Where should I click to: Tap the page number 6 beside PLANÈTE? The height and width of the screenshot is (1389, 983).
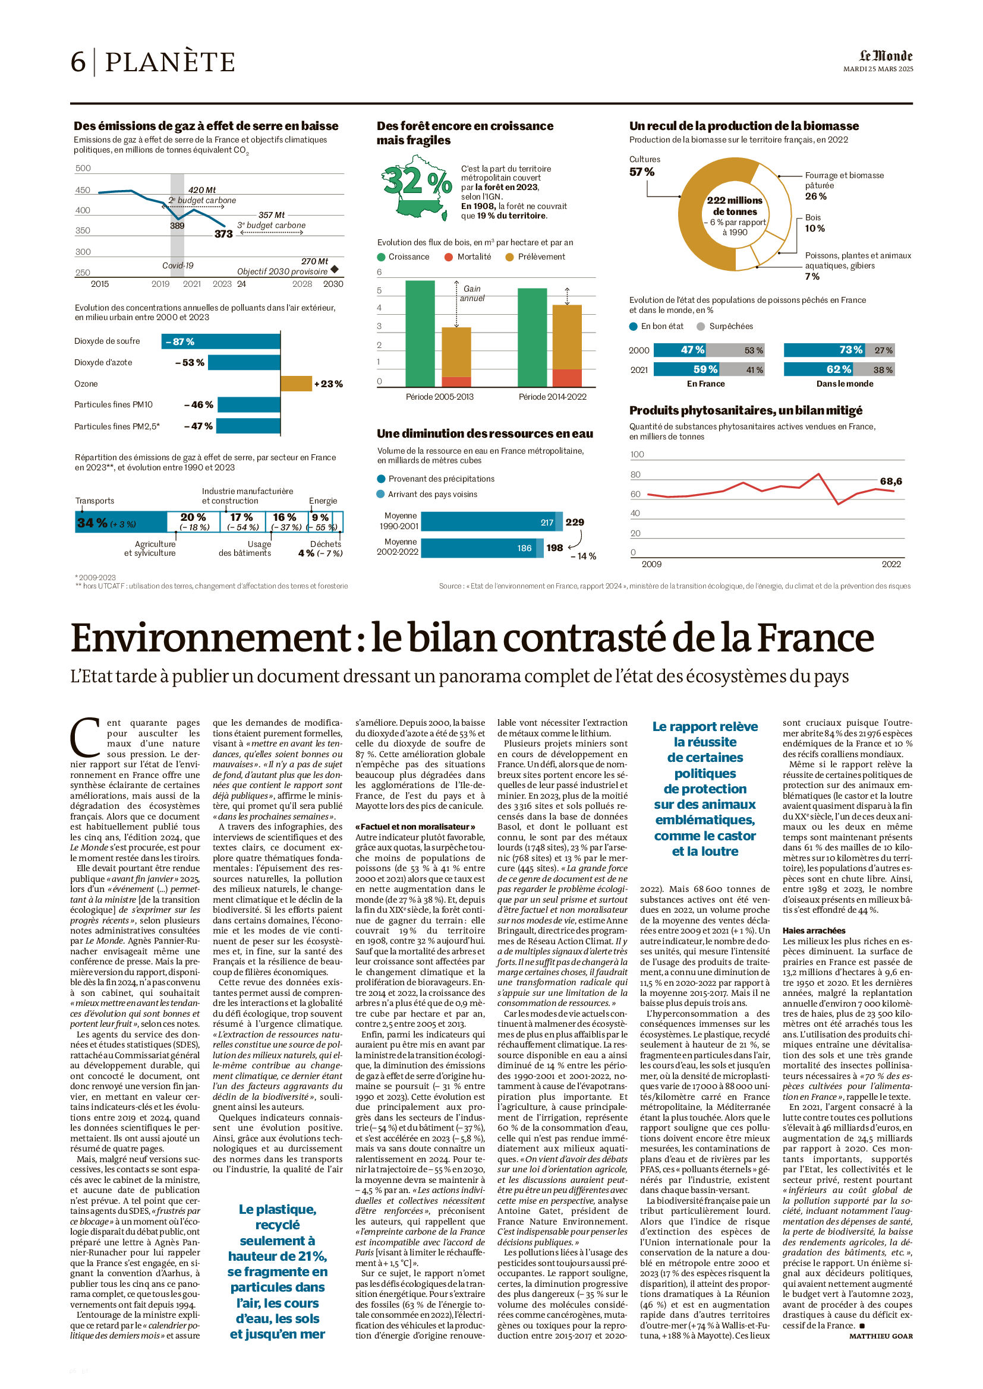(x=78, y=62)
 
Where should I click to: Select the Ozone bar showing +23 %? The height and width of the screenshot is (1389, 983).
(x=296, y=384)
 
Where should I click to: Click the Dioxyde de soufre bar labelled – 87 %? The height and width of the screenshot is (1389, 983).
(x=220, y=342)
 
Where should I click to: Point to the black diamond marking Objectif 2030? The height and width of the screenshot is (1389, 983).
(x=335, y=269)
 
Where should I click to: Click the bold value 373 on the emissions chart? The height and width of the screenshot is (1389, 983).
(x=223, y=234)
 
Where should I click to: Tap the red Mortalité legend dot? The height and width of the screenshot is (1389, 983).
(x=449, y=257)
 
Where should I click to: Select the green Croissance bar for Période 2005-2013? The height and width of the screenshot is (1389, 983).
(x=420, y=333)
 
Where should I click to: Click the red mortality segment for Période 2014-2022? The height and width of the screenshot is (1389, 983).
(x=567, y=378)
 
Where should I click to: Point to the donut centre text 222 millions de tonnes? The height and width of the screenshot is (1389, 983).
(x=734, y=205)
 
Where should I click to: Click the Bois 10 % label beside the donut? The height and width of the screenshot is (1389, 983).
(x=814, y=223)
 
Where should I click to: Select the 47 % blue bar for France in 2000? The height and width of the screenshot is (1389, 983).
(x=680, y=350)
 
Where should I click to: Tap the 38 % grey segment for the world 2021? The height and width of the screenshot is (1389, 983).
(x=883, y=369)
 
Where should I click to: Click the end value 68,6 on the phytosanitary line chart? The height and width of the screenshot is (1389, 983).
(x=890, y=482)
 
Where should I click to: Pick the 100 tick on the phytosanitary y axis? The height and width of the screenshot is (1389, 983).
(x=637, y=454)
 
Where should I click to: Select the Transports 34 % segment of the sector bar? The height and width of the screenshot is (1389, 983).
(x=121, y=523)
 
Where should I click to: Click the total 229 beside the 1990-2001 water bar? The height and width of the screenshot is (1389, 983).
(x=575, y=522)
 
